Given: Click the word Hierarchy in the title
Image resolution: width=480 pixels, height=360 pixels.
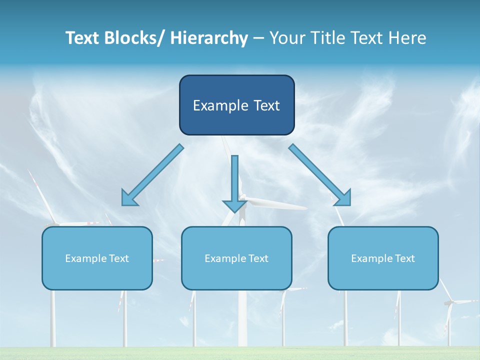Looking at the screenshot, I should point(209,38).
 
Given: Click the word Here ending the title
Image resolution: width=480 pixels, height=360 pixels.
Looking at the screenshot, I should point(407,38).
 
